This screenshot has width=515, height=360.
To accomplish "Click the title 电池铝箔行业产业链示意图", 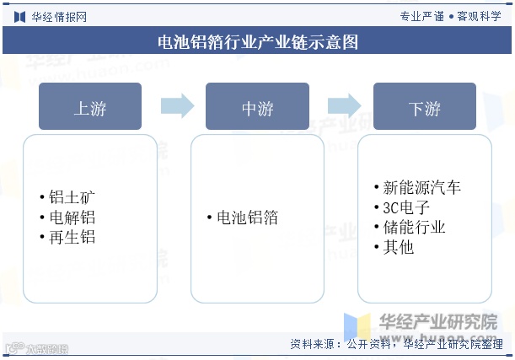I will coord(258,42).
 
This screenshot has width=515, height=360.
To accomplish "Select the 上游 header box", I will coord(90,107).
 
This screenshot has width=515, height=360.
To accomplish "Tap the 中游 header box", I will coord(257,107).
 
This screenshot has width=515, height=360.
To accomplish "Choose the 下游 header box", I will coord(424,107).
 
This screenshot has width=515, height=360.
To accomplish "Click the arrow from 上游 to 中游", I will coord(176,105).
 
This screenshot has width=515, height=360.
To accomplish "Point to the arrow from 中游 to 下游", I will coord(344,105).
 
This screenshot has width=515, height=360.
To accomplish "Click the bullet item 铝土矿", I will coord(71,197).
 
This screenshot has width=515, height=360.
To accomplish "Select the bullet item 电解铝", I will coord(71,218).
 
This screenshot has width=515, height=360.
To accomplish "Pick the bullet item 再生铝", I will coord(71,238).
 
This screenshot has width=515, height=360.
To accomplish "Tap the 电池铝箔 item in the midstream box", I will coord(246,218).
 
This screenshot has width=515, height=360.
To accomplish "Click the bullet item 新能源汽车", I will coord(421,187).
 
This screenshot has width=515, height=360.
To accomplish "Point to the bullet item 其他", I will coord(397,248).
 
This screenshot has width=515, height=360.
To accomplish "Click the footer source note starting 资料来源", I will coord(396,344).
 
